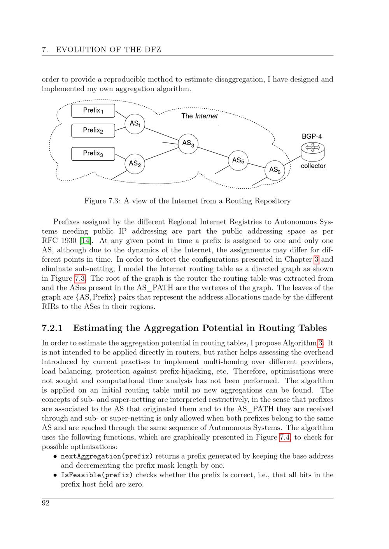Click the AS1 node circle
point(135,124)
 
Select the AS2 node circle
point(135,163)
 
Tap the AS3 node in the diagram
point(188,143)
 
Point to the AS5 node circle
point(238,160)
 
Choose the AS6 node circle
point(275,170)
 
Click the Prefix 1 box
point(93,111)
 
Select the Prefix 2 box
point(93,130)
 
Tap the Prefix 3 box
point(93,153)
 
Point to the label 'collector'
point(313,166)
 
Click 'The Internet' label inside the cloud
point(200,116)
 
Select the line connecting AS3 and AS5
point(213,152)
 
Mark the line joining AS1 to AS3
point(161,134)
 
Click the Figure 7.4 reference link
point(284,438)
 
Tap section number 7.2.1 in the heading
point(52,328)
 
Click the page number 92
point(46,504)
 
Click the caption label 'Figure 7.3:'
point(102,201)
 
